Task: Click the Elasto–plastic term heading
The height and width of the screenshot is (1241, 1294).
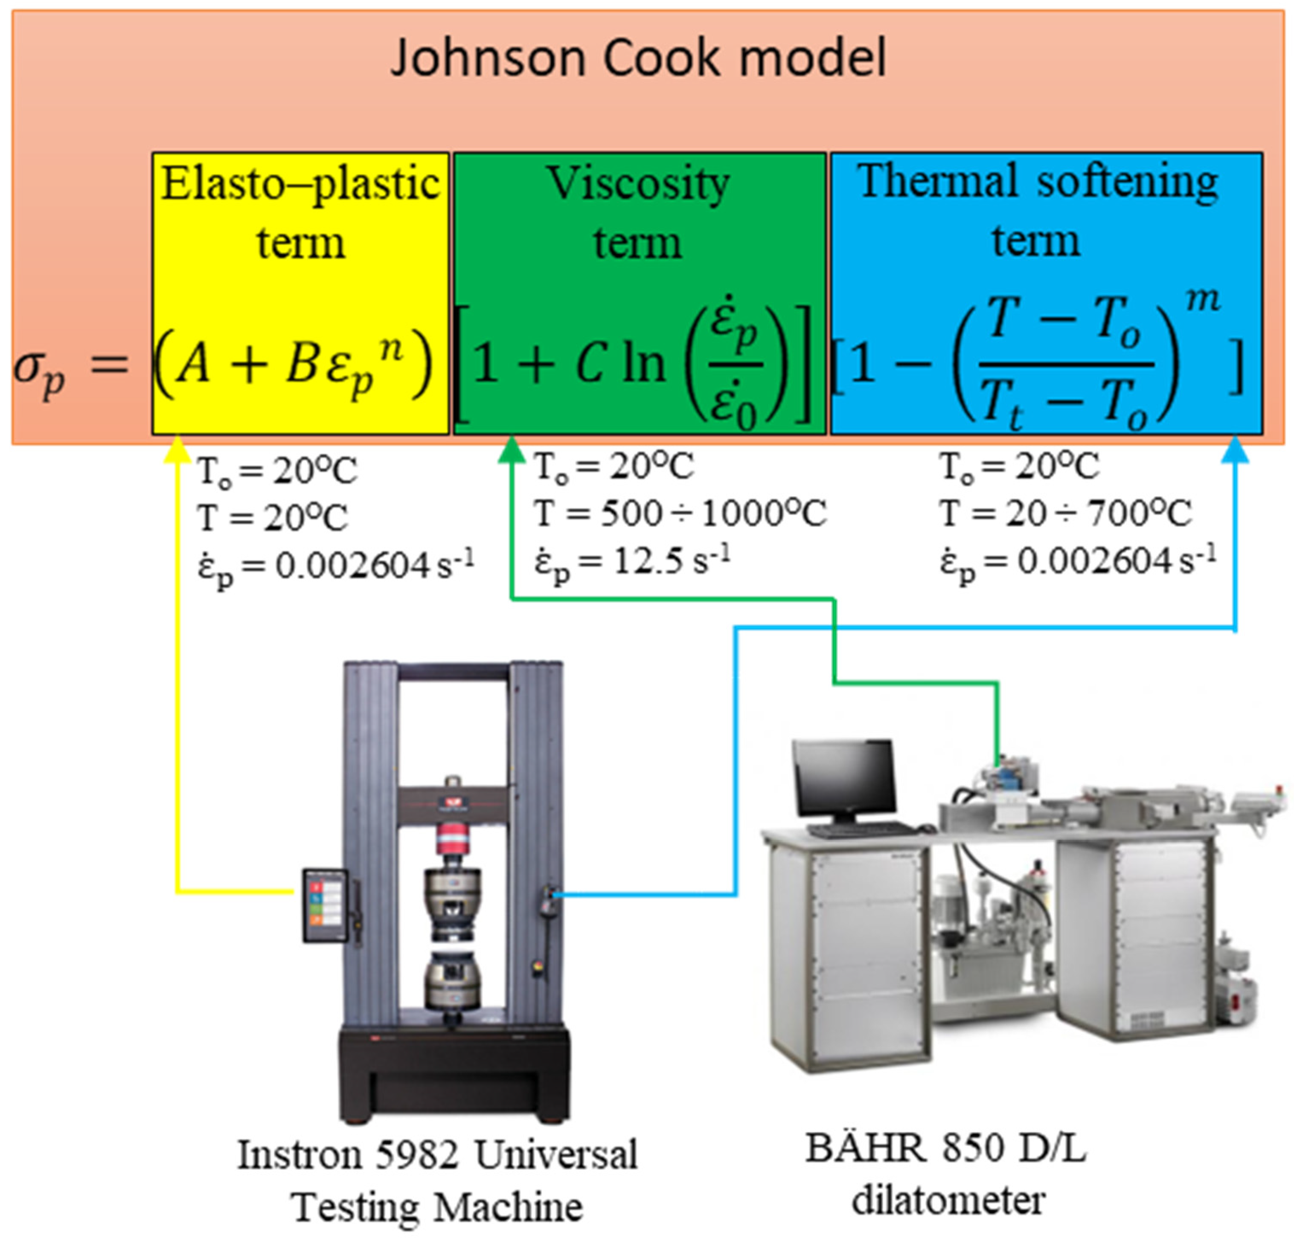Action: [300, 212]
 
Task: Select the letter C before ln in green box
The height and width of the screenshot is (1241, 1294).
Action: [589, 365]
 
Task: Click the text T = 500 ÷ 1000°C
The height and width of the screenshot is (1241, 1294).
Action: [680, 514]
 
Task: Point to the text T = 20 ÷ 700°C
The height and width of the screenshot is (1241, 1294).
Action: [1066, 514]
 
